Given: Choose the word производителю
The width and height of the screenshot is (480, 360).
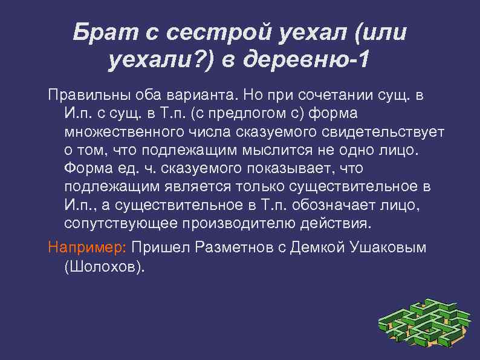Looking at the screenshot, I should click(239, 223).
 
